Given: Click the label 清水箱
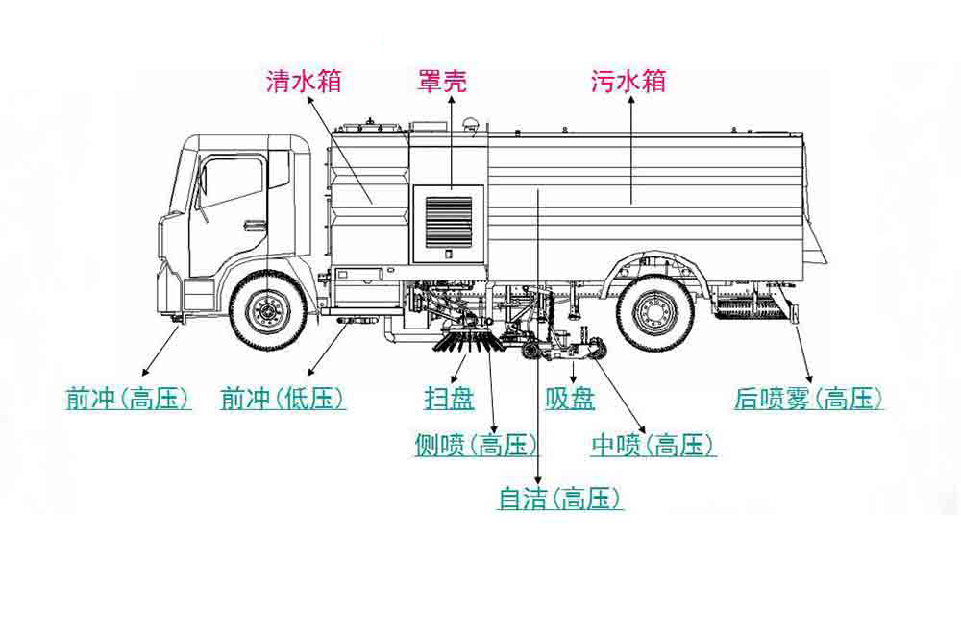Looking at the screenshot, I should pos(304,82).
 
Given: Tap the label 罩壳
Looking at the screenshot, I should pos(443,82).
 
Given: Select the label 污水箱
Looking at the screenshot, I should pos(628,82).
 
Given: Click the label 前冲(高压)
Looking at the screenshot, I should pos(128,399).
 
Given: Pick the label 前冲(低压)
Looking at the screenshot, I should pos(283,399).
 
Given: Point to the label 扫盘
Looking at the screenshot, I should pos(449,399).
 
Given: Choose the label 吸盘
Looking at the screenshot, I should pos(570,399).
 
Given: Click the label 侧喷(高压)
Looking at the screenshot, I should pos(476,445).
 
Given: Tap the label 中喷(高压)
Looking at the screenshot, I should pos(653,445).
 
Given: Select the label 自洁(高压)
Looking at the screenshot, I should pos(560,499).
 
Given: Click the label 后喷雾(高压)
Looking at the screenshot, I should pos(807,399).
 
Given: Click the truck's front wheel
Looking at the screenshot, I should pos(268,310).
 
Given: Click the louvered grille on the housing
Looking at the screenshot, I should pos(449,221).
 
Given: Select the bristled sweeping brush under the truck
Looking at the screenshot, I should pos(468,339).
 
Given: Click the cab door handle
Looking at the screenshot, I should pos(255,227).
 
